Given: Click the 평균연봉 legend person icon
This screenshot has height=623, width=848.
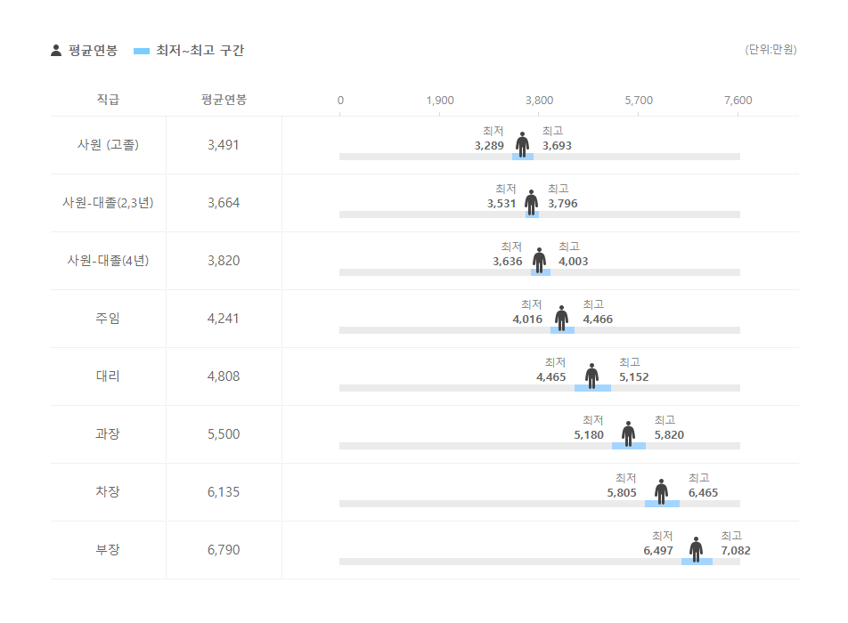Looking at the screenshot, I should coord(56,51).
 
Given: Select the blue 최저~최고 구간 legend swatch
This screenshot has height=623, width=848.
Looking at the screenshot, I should coord(141,51).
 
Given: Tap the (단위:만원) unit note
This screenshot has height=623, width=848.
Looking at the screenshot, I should coord(771,50).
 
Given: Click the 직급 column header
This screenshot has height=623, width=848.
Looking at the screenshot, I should coord(108,100).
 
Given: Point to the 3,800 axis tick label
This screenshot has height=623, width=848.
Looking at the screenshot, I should coord(539,101).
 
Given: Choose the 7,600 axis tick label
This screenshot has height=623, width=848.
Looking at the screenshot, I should coord(738,101).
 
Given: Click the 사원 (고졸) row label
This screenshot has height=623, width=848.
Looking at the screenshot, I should coord(108,145).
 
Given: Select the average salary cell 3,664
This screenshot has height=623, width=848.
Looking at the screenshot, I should coord(224,203).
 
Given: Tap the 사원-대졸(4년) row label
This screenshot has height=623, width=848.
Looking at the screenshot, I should coord(108,261).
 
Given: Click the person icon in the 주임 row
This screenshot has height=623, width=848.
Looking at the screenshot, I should coord(561,317).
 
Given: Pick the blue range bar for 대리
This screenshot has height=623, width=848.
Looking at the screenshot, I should coord(592,388).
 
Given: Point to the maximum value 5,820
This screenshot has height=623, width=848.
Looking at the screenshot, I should coord(669,435).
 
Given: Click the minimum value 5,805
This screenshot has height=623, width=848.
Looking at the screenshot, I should coord(622,493).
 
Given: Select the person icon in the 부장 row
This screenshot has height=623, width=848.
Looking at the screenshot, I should coord(696,548).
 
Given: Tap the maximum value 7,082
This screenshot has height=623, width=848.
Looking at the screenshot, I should coord(736,551).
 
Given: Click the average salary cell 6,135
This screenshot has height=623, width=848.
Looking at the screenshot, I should coord(224,492).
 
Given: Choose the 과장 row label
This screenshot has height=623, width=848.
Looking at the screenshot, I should coord(108,434).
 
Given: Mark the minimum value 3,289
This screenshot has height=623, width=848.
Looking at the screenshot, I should coord(489,146).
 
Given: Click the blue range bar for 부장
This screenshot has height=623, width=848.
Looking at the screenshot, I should coord(697,562).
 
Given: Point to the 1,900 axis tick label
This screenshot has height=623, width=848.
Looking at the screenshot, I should coord(440,101).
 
